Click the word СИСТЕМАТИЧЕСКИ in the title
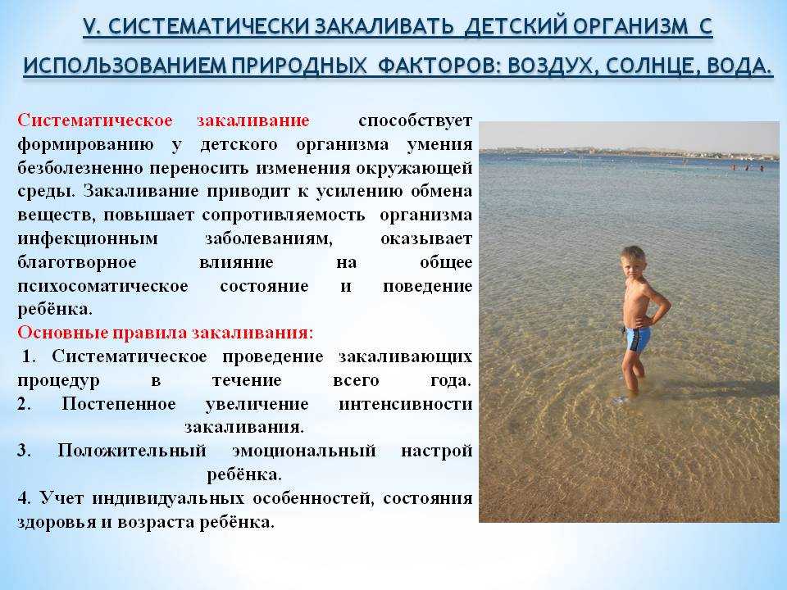pyautogui.click(x=209, y=26)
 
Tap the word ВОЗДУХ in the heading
pyautogui.click(x=551, y=66)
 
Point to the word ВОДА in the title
pyautogui.click(x=737, y=66)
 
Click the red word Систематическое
pyautogui.click(x=95, y=120)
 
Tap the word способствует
pyautogui.click(x=415, y=121)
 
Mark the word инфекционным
pyautogui.click(x=88, y=238)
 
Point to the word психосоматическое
pyautogui.click(x=103, y=286)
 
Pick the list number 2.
pyautogui.click(x=24, y=404)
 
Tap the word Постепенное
pyautogui.click(x=118, y=404)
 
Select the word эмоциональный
pyautogui.click(x=303, y=451)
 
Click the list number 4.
pyautogui.click(x=24, y=498)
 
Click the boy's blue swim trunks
pyautogui.click(x=637, y=338)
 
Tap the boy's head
pyautogui.click(x=633, y=261)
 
